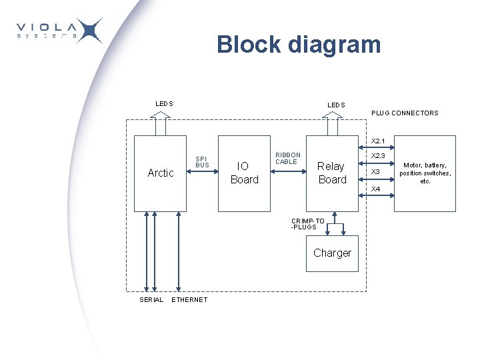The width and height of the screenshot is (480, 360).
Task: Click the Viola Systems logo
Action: (59, 31)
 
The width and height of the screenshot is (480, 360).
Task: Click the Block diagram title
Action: (299, 45)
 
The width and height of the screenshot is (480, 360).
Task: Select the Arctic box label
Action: (160, 173)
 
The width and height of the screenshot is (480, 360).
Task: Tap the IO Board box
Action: (244, 173)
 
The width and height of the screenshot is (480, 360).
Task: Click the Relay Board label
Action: (332, 173)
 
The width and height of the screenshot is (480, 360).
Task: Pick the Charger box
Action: (332, 253)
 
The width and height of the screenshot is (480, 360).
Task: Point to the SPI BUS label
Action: (202, 162)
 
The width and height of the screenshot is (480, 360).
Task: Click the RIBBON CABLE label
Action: (288, 159)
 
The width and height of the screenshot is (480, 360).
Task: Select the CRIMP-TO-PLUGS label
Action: (307, 224)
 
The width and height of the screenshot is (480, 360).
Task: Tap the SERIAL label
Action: (151, 300)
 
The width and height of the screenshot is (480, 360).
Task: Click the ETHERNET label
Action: (190, 300)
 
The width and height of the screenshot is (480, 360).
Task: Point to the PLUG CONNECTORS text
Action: (405, 113)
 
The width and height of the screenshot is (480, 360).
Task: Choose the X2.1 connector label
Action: (378, 141)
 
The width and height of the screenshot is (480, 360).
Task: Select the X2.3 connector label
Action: (378, 156)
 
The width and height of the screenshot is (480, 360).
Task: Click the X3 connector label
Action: (375, 172)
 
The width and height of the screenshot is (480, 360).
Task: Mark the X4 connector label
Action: (376, 189)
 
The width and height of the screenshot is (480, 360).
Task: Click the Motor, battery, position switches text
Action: (425, 173)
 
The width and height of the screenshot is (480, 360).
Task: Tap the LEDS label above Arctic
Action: (164, 104)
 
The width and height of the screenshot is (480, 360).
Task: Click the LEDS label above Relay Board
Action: (336, 105)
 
